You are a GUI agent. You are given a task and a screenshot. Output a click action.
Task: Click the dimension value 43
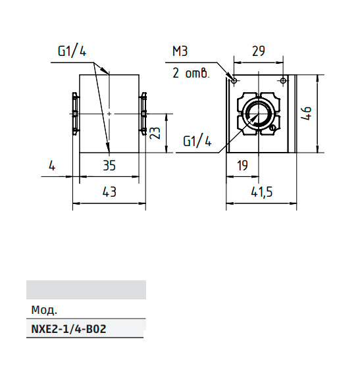click(109, 192)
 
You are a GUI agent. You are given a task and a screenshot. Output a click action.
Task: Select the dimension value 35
click(109, 166)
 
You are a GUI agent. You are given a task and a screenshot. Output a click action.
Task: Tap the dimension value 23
click(155, 133)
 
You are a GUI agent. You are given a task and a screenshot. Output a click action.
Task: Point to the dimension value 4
click(52, 166)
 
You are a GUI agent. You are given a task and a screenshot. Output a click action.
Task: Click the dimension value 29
click(259, 51)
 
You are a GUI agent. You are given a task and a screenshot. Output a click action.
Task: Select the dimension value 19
click(242, 166)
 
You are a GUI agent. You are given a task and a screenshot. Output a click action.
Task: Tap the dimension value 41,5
click(261, 192)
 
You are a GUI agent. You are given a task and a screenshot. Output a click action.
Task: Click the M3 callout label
click(180, 51)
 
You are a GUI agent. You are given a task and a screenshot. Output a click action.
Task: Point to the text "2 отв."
click(190, 73)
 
